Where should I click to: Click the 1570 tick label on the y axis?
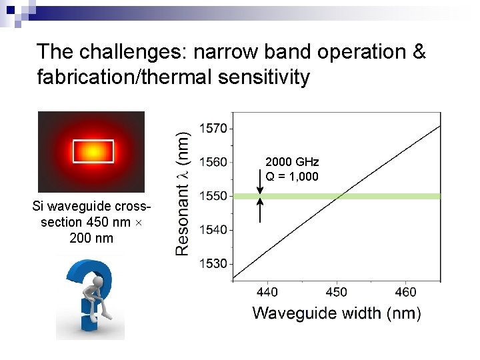click(x=213, y=127)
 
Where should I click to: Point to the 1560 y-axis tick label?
click(x=213, y=161)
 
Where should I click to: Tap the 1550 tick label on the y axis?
click(x=213, y=196)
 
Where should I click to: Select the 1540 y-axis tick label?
click(x=213, y=230)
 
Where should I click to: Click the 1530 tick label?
click(x=213, y=264)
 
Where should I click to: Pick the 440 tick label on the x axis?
click(x=267, y=292)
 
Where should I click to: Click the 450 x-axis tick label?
click(x=337, y=292)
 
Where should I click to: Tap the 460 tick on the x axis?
click(x=405, y=292)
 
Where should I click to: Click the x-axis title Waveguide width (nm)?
click(x=337, y=313)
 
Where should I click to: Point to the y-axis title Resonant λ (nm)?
click(x=182, y=193)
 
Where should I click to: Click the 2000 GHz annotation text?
click(x=292, y=162)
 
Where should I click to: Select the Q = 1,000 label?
click(x=292, y=177)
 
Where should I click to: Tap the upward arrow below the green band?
click(x=260, y=209)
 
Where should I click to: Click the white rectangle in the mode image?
click(x=93, y=151)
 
